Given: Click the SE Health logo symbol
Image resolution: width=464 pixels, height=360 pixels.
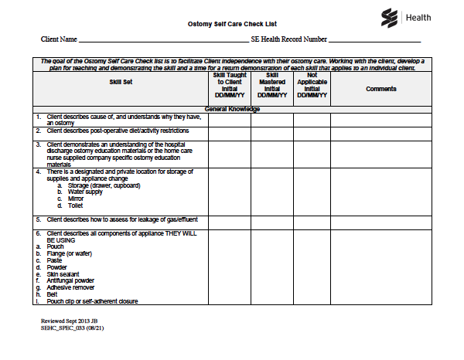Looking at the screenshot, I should coord(391,16).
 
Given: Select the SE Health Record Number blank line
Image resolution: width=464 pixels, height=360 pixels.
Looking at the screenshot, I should coord(374,39).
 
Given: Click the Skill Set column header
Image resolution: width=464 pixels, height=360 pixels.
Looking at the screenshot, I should coord(121,89).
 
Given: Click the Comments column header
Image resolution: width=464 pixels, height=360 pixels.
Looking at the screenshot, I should coord(380,89).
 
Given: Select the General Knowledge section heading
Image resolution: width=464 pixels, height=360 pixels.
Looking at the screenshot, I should coord(232,109).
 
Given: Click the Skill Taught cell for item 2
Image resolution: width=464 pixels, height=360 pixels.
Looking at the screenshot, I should coord(229,131).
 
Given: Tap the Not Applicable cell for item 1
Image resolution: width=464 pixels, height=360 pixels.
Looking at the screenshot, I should coord(312,119).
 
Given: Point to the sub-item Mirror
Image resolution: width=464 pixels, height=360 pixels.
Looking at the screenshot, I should coord(76,199).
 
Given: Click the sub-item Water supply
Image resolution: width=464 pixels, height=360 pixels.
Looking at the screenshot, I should coord(84,192).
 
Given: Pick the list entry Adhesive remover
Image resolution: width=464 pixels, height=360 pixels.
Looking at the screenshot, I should coord(70,287).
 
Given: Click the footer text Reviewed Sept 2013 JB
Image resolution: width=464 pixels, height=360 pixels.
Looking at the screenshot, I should coord(70,321).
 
